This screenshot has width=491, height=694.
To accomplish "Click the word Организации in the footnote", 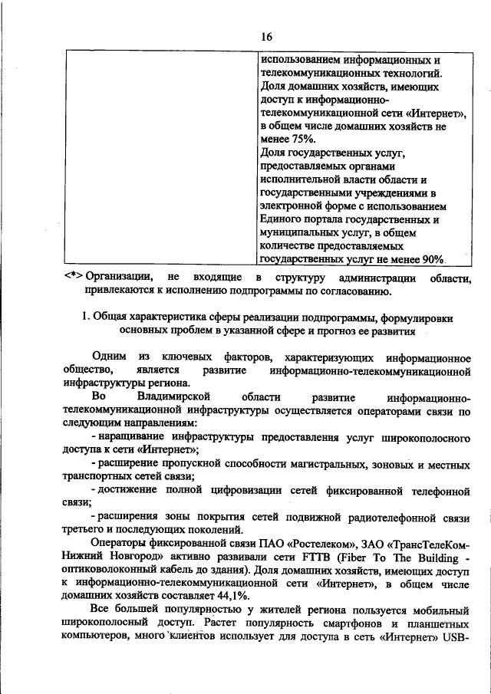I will pyautogui.click(x=116, y=277).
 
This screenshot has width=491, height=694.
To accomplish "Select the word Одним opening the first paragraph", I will pyautogui.click(x=109, y=358).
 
